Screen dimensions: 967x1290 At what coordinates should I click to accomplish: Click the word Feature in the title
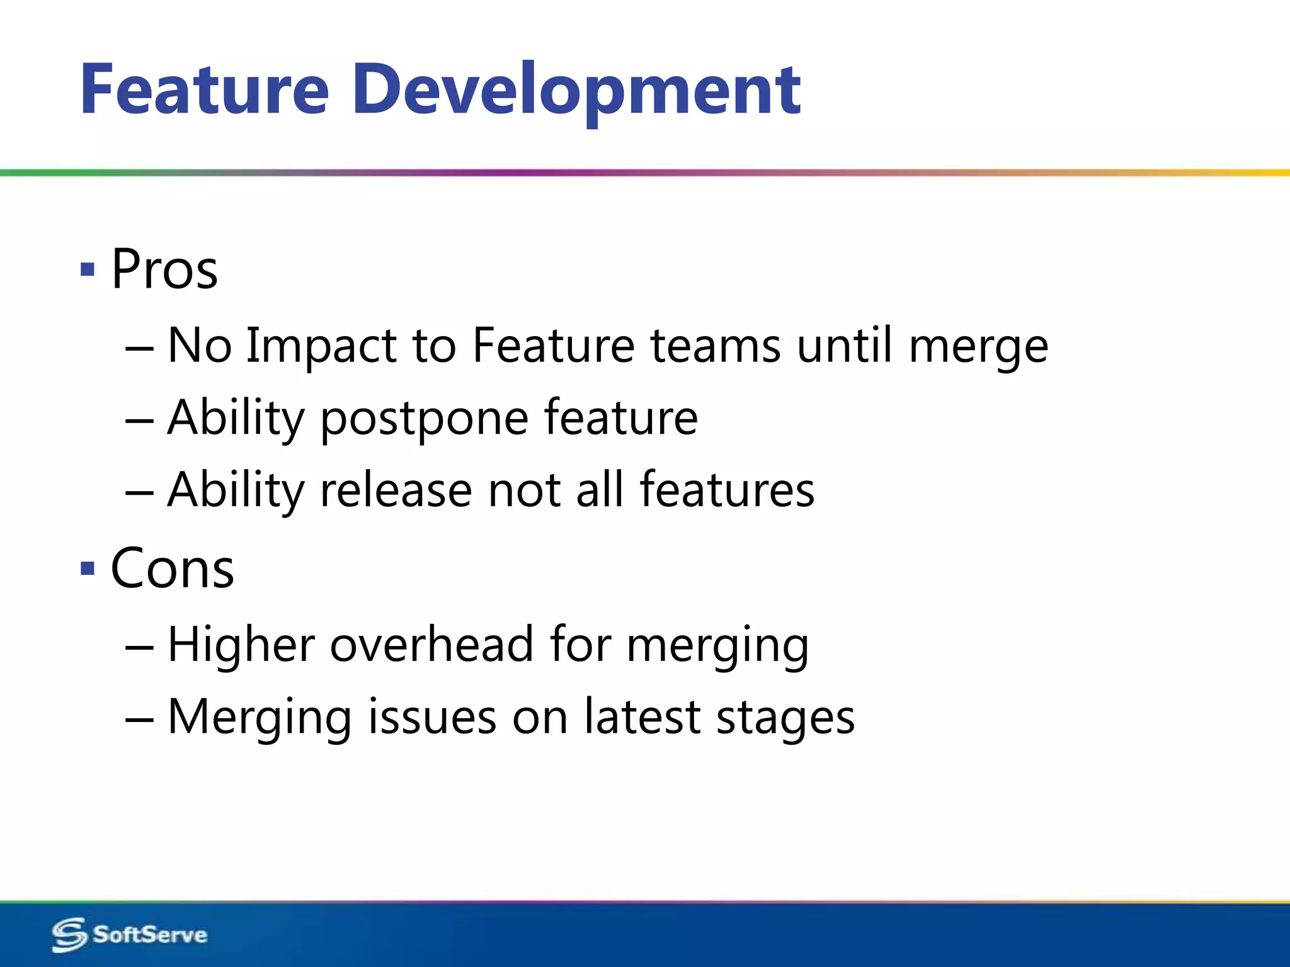pos(205,89)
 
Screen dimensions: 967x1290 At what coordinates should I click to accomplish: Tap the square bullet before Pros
pos(88,270)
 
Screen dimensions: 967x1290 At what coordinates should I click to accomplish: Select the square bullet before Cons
pos(88,569)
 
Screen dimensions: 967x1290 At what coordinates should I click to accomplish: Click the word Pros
pos(164,269)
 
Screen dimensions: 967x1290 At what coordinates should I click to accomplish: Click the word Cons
pos(172,568)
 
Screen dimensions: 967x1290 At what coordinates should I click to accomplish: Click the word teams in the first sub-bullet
pos(716,346)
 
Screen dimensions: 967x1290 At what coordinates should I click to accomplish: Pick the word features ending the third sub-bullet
pos(727,489)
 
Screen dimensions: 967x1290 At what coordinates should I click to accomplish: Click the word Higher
pos(241,646)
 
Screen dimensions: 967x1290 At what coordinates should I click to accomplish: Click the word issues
pos(432,718)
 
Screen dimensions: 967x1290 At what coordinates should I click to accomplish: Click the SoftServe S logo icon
pos(69,935)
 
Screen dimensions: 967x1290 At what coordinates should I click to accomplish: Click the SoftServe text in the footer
pos(150,934)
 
